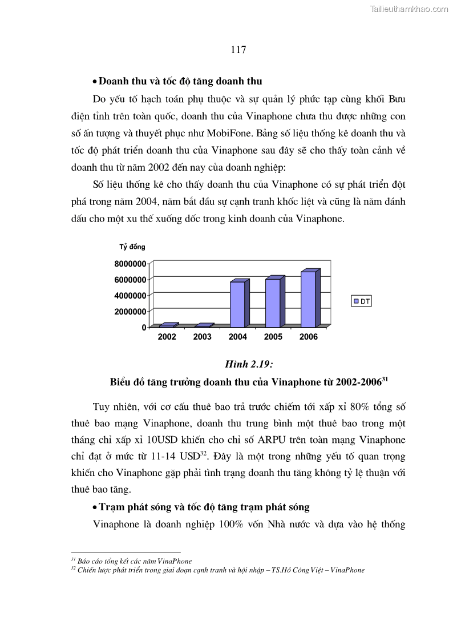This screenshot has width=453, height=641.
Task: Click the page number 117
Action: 238,50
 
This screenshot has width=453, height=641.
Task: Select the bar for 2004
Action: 237,304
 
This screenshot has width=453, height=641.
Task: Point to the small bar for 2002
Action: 167,325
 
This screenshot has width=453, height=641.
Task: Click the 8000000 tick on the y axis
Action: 130,263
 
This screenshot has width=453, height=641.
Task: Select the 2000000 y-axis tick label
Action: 130,311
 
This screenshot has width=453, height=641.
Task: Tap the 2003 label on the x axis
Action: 202,337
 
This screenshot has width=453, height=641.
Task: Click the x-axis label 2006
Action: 308,337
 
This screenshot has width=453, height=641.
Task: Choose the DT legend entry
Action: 361,301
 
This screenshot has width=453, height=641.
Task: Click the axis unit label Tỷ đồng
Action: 132,247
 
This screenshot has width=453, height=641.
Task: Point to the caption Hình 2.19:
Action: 245,365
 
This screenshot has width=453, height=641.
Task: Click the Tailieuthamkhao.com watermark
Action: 409,9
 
